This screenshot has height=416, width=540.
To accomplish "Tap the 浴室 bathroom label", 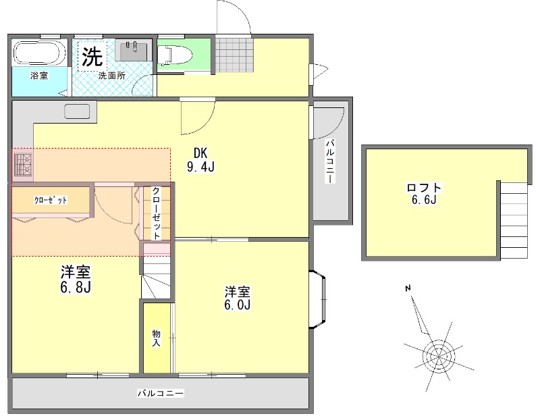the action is (39, 76).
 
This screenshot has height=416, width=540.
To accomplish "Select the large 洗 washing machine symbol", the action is (92, 56).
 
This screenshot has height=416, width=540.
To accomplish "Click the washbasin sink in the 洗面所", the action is (132, 50).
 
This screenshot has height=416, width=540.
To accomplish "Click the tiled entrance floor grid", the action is (234, 55).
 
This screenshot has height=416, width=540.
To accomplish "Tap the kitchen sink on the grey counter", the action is (77, 111).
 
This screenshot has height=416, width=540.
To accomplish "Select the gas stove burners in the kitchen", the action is (23, 165).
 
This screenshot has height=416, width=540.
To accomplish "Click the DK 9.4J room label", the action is (200, 159).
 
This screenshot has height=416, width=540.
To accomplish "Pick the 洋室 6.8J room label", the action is (76, 279).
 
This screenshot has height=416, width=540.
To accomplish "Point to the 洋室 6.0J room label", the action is (238, 298).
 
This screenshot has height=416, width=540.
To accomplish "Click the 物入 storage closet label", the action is (157, 338).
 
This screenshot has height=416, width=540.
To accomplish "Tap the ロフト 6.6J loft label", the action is (424, 194).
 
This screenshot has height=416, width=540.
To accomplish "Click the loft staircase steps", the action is (514, 220).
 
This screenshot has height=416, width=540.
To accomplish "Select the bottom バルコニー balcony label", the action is (161, 393).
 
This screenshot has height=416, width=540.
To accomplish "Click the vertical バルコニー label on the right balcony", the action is (331, 161).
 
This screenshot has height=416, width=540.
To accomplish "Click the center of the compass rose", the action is (439, 356).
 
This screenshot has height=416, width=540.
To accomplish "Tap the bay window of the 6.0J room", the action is (317, 299).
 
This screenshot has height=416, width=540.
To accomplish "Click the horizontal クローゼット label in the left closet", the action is (51, 201).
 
